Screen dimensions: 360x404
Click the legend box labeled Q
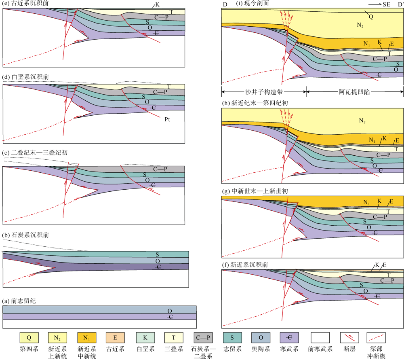[x=29, y=337]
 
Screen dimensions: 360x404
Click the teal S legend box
[x=232, y=337]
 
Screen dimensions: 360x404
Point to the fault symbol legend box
[x=348, y=337]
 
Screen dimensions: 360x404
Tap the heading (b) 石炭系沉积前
[x=26, y=235]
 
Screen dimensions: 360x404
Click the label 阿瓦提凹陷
[x=354, y=92]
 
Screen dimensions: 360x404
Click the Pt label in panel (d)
[x=167, y=119]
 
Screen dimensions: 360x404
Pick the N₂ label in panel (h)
[x=362, y=121]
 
